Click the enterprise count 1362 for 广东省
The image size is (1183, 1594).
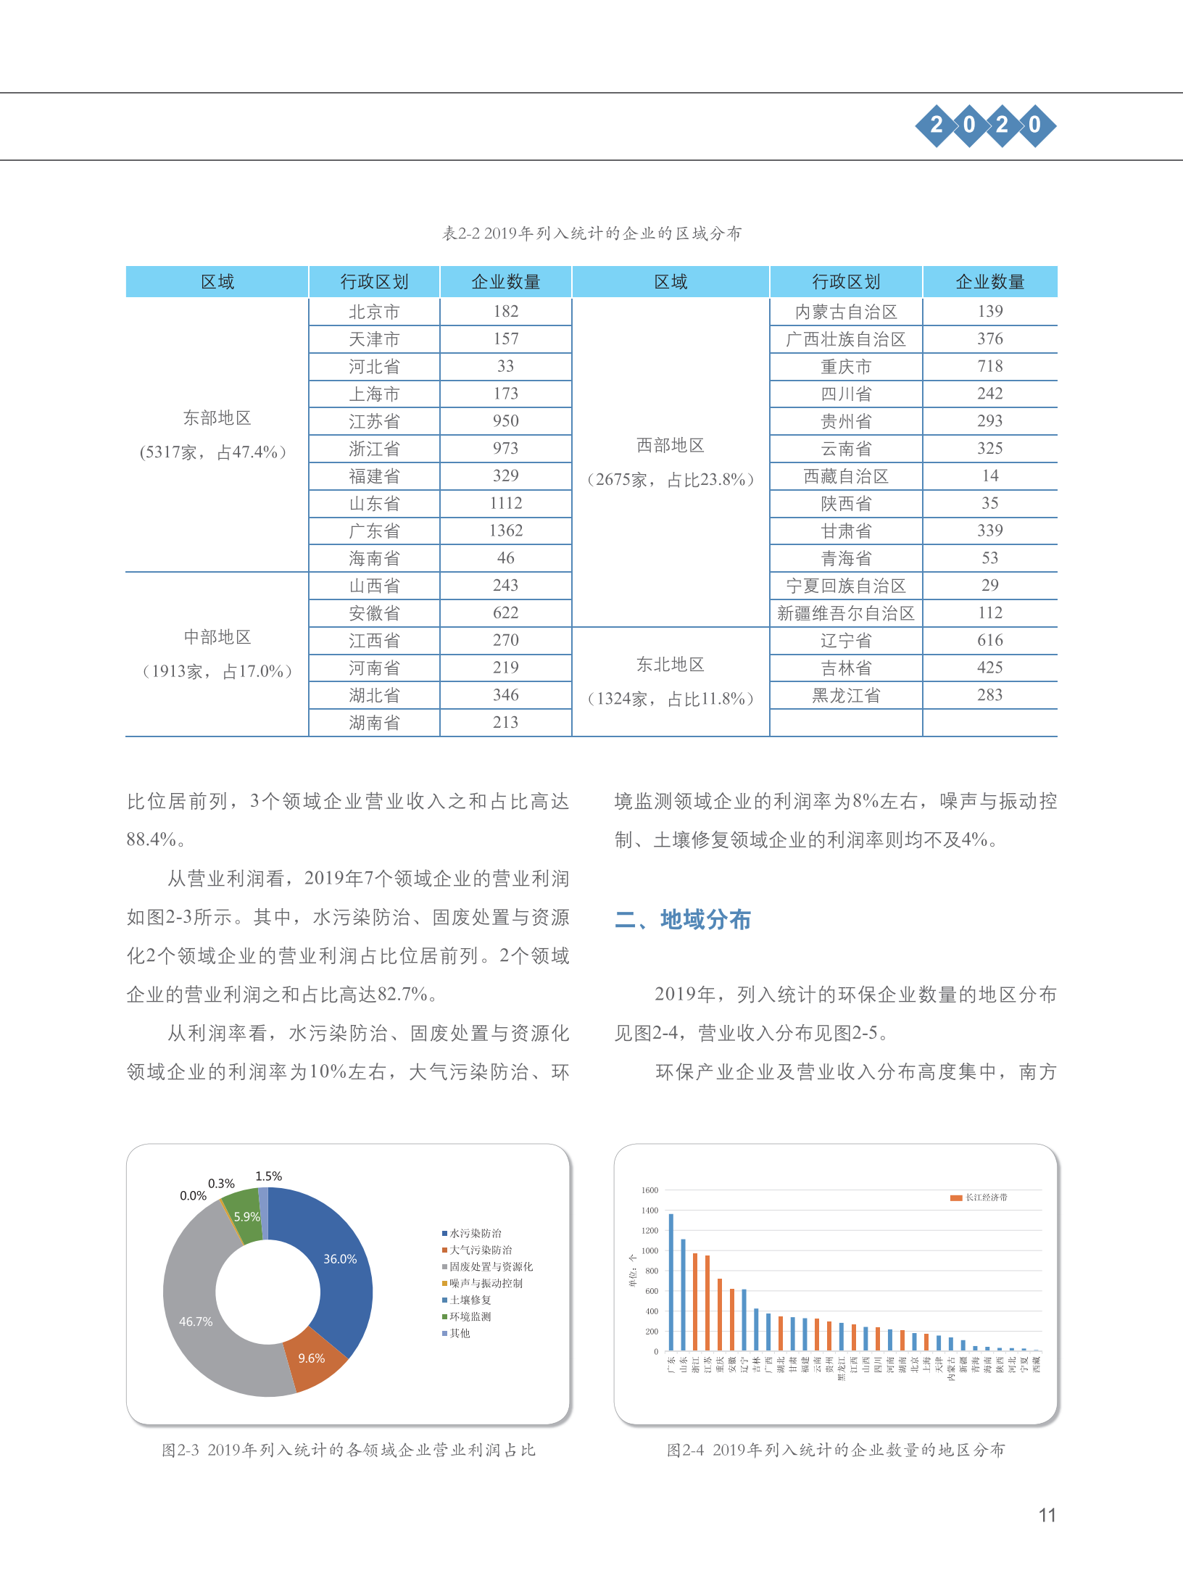pyautogui.click(x=505, y=531)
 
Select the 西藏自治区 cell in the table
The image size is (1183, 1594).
pyautogui.click(x=845, y=476)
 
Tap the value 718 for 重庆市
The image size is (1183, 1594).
pyautogui.click(x=989, y=366)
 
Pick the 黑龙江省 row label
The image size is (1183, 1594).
pyautogui.click(x=845, y=696)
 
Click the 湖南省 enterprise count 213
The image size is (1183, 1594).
pyautogui.click(x=505, y=723)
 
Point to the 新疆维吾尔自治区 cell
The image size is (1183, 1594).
pyautogui.click(x=845, y=613)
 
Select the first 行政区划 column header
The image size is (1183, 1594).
pyautogui.click(x=374, y=282)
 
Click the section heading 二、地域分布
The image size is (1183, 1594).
pyautogui.click(x=682, y=920)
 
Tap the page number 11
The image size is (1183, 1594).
pyautogui.click(x=1047, y=1515)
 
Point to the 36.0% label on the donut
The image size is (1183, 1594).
pyautogui.click(x=340, y=1259)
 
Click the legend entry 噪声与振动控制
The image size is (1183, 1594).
pyautogui.click(x=485, y=1283)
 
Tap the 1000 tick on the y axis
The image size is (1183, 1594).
pyautogui.click(x=649, y=1250)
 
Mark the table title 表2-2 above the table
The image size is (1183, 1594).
pyautogui.click(x=591, y=233)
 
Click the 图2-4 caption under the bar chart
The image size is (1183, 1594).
pyautogui.click(x=835, y=1450)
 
